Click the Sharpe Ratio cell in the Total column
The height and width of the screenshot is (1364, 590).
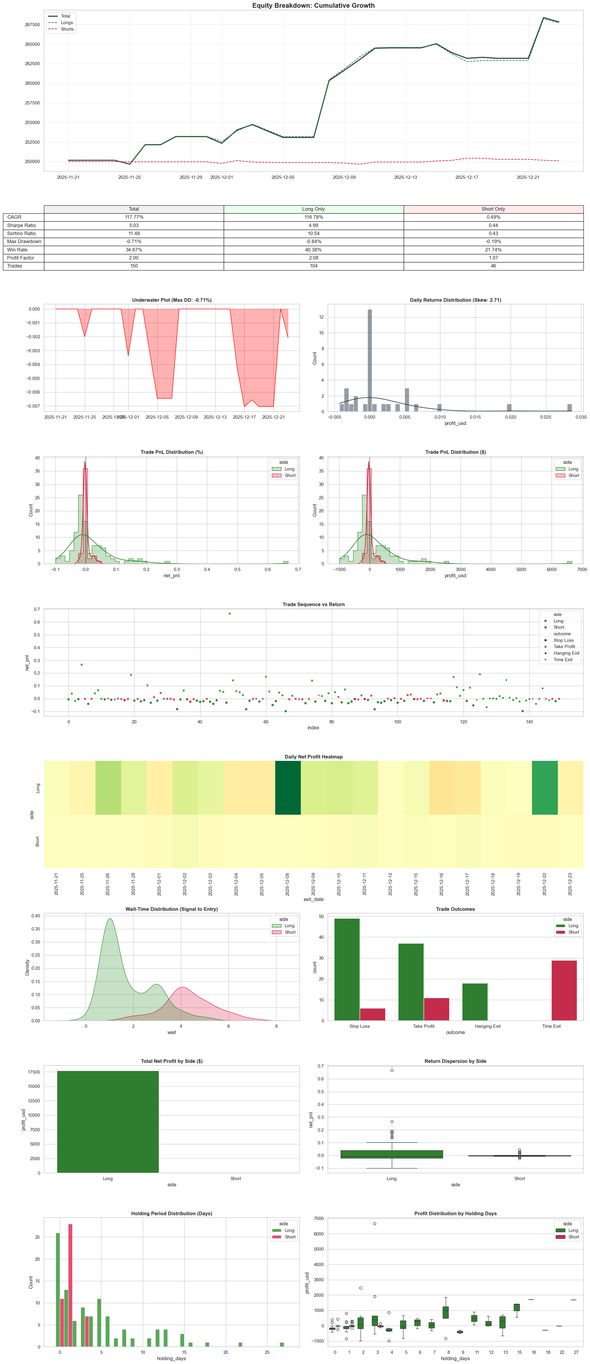click(134, 225)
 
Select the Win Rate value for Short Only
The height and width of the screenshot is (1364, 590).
click(493, 249)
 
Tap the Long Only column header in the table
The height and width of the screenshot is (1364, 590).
click(314, 209)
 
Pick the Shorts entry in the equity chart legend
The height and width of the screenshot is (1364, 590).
click(67, 29)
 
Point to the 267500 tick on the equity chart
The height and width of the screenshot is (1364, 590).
click(32, 25)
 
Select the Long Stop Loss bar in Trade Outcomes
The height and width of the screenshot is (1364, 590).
click(347, 969)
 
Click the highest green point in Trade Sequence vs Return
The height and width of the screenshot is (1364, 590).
click(229, 614)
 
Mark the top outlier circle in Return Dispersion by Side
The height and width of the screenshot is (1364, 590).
click(392, 1070)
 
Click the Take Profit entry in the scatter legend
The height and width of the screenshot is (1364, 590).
click(564, 647)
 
